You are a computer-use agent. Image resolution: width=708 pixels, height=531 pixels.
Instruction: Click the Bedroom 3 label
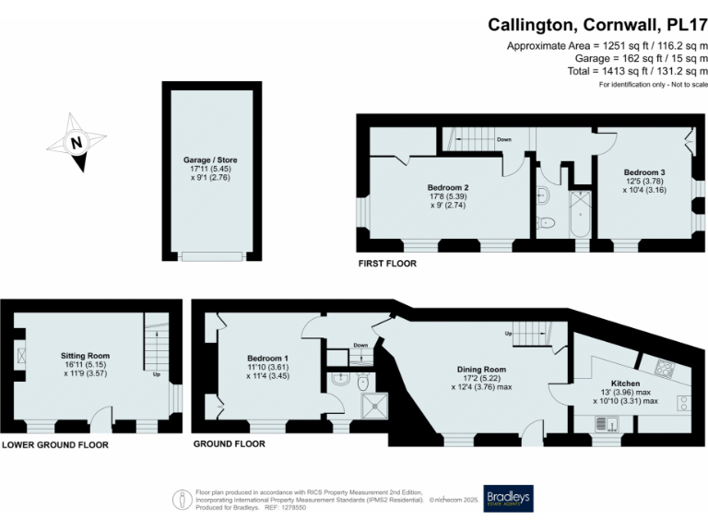tap(644, 172)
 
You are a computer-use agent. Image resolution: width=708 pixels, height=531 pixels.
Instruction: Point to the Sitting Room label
tap(86, 355)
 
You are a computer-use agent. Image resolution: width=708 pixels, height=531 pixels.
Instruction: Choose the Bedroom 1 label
tap(267, 358)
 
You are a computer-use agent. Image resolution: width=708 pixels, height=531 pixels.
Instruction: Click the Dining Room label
tap(482, 370)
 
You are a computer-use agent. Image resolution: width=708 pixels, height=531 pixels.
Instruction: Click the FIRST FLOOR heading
tap(387, 264)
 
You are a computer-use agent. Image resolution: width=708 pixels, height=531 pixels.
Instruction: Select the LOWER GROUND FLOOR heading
tap(54, 445)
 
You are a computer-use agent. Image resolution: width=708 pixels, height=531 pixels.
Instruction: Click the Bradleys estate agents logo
tap(508, 498)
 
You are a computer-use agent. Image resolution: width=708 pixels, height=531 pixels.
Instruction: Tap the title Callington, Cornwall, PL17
tap(597, 25)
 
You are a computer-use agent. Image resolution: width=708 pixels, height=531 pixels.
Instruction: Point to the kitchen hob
tap(663, 369)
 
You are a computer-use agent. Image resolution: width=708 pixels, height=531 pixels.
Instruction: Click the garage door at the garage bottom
tap(213, 256)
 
